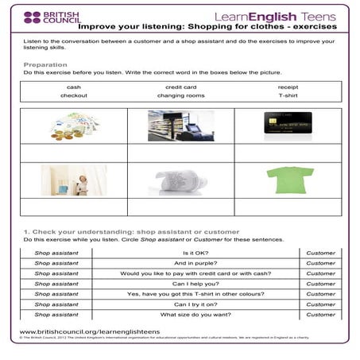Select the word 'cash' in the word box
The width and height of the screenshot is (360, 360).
[x=73, y=87]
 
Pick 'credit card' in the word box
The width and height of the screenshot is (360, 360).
[x=180, y=87]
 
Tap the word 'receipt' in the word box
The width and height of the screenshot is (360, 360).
[x=288, y=87]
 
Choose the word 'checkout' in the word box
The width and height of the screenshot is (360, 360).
[x=73, y=95]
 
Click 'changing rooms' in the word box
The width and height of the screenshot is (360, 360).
[x=180, y=95]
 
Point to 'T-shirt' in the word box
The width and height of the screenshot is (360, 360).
[x=288, y=95]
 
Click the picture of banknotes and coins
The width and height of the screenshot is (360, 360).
[x=73, y=126]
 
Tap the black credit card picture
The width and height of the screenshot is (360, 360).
[x=288, y=126]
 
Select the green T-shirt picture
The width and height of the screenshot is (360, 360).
[x=288, y=180]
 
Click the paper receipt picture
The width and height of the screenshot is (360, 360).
[x=180, y=180]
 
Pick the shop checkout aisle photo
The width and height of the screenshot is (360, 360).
[x=180, y=126]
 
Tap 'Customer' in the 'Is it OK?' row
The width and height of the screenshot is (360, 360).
[x=320, y=253]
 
